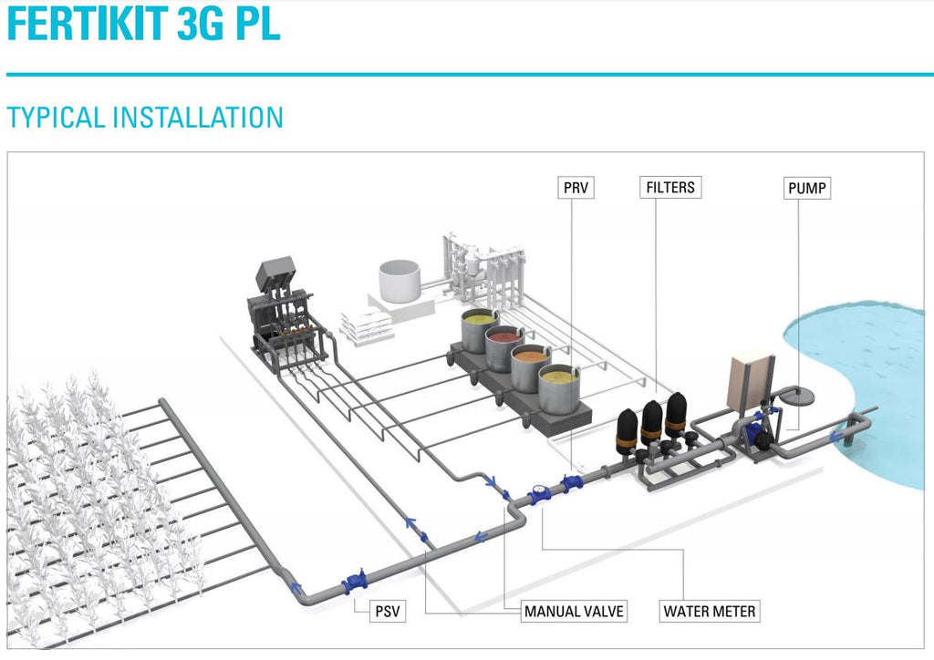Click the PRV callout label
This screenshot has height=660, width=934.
(576, 189)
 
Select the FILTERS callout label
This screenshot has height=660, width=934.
(670, 188)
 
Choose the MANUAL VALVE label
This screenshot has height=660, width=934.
(574, 611)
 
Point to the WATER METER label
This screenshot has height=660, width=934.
(710, 611)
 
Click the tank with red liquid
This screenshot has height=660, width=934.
(504, 347)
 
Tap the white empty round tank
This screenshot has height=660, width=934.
(399, 281)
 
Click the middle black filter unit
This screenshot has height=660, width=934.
(651, 424)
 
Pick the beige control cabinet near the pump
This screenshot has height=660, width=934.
(750, 380)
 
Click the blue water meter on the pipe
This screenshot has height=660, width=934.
(539, 498)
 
